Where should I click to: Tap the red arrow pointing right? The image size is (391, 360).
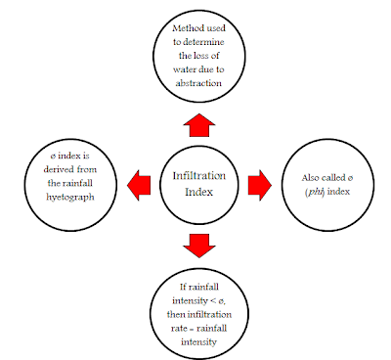pos(259,183)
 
